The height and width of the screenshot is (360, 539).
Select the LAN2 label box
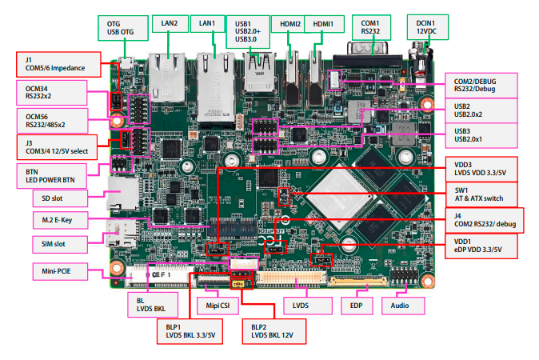coord(169,23)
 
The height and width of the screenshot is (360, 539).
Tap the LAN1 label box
coord(207,23)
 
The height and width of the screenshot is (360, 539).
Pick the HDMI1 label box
coord(324,24)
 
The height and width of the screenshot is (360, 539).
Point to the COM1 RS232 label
coord(369,27)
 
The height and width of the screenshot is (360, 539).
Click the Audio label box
coord(402,305)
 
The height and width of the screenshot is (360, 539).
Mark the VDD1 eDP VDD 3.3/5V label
coord(481,246)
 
